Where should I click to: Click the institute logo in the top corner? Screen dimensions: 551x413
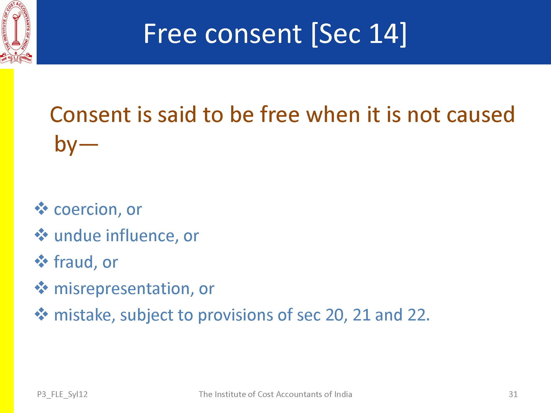coord(16,32)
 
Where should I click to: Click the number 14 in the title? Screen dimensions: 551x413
coord(384,34)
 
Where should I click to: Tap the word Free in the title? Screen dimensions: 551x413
coord(170,34)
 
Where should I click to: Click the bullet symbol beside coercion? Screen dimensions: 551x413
coord(41,208)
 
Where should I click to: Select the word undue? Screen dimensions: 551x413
coord(78,236)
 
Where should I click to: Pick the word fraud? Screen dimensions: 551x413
coord(74,262)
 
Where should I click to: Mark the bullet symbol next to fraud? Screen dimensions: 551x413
coord(41,261)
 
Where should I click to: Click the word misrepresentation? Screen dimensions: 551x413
coord(122,289)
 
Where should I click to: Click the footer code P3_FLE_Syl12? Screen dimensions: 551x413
coord(62,395)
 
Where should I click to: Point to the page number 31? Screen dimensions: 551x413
coord(513,394)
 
